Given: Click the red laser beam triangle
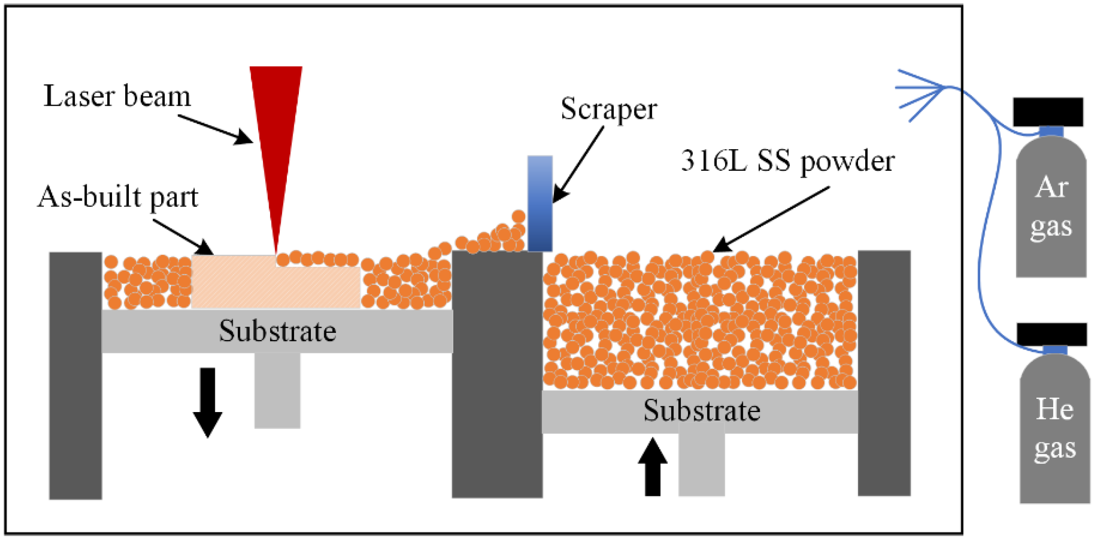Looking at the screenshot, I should [x=276, y=133].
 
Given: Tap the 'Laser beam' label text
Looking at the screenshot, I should [x=117, y=96].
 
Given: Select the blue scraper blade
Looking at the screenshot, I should [x=540, y=204].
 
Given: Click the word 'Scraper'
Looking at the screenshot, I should [x=609, y=109].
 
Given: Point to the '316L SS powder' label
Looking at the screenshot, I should [x=788, y=161].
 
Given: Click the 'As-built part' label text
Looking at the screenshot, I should [x=118, y=197].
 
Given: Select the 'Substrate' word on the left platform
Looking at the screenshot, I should [x=278, y=331].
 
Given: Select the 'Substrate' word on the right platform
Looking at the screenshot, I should [x=702, y=410].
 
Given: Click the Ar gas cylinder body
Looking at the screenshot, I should [x=1051, y=208].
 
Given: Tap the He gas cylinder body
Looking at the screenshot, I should [x=1055, y=429].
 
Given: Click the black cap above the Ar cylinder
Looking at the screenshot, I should [x=1048, y=112].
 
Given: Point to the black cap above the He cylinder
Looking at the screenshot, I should [x=1051, y=334].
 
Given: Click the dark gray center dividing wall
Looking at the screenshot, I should [x=497, y=376].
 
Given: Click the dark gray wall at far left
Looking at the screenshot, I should [x=75, y=376].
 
